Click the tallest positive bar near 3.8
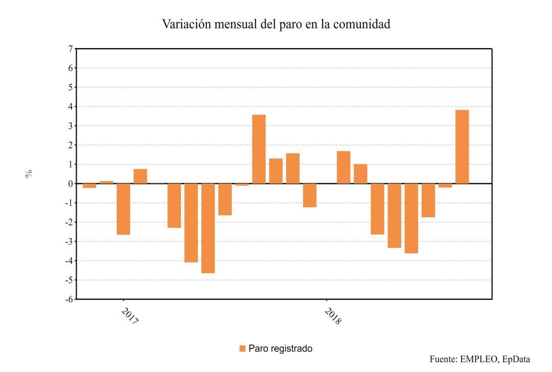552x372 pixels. pyautogui.click(x=462, y=147)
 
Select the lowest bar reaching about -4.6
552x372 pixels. pyautogui.click(x=208, y=228)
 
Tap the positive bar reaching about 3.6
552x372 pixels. pyautogui.click(x=259, y=149)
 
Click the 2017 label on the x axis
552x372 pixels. pyautogui.click(x=130, y=316)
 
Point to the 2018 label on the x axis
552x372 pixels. pyautogui.click(x=333, y=316)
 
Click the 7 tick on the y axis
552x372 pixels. pyautogui.click(x=70, y=49)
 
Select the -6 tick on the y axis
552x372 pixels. pyautogui.click(x=68, y=299)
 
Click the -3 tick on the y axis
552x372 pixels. pyautogui.click(x=68, y=242)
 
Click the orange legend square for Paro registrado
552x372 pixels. pyautogui.click(x=242, y=349)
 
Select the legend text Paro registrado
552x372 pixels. pyautogui.click(x=280, y=349)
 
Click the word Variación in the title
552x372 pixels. pyautogui.click(x=185, y=24)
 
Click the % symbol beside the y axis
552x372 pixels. pyautogui.click(x=29, y=174)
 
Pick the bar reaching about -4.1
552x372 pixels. pyautogui.click(x=191, y=223)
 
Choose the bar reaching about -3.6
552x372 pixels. pyautogui.click(x=411, y=218)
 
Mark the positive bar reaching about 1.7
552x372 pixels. pyautogui.click(x=343, y=167)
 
